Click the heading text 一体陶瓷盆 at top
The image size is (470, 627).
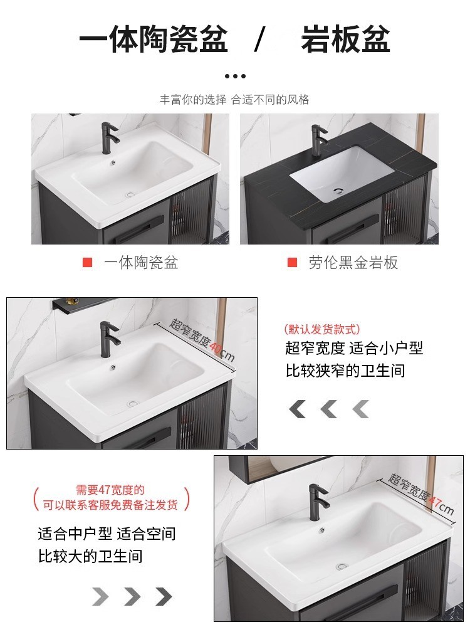[154, 40]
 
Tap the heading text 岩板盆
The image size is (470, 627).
[345, 40]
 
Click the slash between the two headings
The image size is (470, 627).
[259, 40]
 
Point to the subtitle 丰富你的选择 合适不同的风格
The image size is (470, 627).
[234, 100]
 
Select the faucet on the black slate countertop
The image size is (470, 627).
[318, 139]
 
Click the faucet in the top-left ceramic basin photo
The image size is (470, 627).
[110, 139]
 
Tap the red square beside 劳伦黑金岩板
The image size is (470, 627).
[292, 263]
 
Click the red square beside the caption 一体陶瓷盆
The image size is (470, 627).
[87, 263]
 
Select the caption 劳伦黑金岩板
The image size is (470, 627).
[353, 263]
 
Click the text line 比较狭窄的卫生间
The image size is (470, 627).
[345, 371]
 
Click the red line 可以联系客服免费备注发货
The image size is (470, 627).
[110, 504]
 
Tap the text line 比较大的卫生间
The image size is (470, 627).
[90, 556]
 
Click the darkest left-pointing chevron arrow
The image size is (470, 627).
[297, 409]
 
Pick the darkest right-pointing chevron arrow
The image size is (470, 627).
[164, 596]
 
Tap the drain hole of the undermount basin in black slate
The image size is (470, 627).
[338, 190]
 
